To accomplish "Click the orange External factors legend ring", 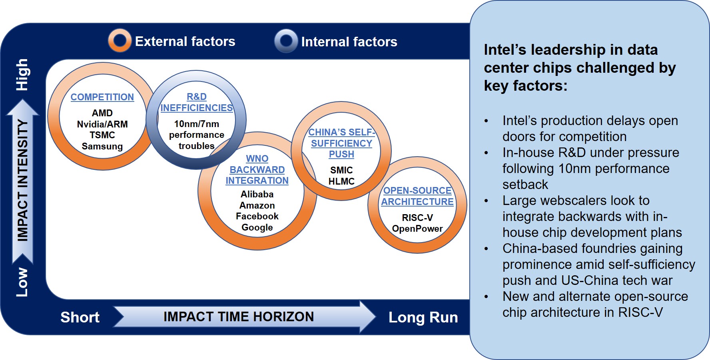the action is point(111,40).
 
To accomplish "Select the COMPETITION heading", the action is point(102,97).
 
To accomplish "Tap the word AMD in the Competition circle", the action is point(102,113).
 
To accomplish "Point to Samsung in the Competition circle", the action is point(102,146).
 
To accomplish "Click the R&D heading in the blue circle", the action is point(197,97).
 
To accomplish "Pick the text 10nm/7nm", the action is point(197,124).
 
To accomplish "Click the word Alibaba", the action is point(257,194).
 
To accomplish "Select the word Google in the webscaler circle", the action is point(257,227).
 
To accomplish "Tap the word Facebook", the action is point(257,216).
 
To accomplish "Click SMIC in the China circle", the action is point(341,170).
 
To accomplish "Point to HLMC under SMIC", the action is point(341,181).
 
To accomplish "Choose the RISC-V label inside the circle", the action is point(417,218).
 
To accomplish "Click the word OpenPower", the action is point(417,229).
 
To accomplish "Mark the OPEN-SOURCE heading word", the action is point(417,191).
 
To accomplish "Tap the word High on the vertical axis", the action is point(22,75).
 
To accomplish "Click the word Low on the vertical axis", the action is point(22,282).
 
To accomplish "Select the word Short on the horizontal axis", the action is point(80,317).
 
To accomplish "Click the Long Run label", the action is point(423,318).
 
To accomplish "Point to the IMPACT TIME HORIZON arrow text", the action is point(239,317).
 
